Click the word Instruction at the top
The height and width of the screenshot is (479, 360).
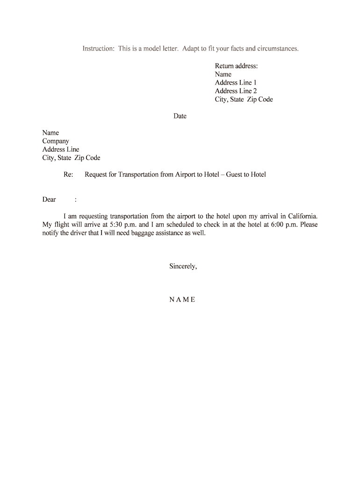[x=98, y=49]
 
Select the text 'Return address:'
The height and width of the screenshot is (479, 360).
[x=236, y=66]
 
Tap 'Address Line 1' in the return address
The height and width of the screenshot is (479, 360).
[x=236, y=82]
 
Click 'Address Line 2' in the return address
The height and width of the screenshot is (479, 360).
[x=236, y=91]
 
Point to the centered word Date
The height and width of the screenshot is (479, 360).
[x=180, y=116]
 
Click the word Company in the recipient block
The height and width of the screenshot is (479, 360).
[x=56, y=141]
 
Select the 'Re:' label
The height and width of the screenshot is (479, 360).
[x=68, y=175]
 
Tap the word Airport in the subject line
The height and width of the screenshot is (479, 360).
[x=186, y=175]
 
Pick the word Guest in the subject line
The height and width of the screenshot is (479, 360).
[x=234, y=175]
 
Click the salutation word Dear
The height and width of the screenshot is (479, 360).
[x=49, y=200]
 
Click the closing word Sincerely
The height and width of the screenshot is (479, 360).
[x=183, y=267]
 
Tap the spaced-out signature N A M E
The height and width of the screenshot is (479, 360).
[x=182, y=300]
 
